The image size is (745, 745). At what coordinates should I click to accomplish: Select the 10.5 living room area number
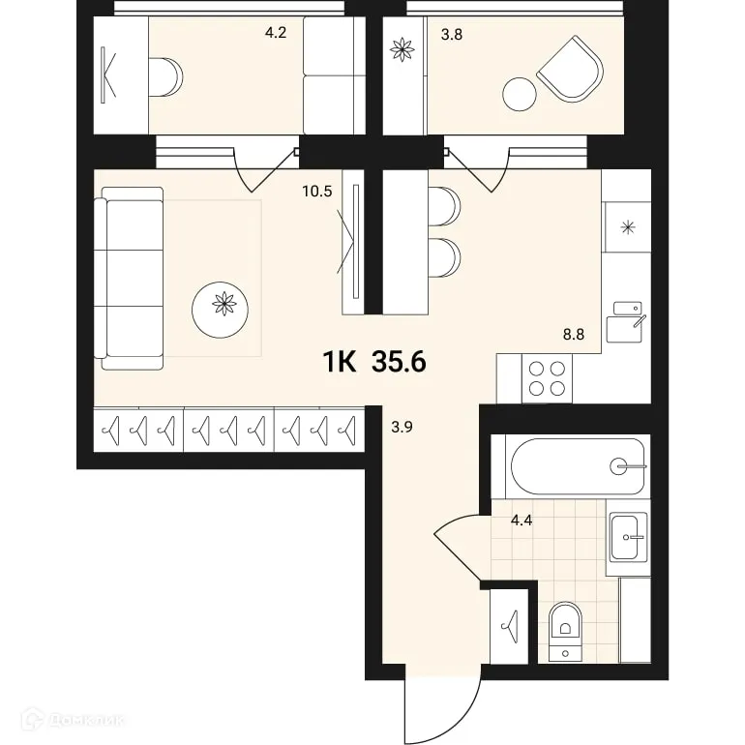click(x=316, y=191)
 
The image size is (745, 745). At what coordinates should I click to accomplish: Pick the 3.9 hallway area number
click(x=402, y=425)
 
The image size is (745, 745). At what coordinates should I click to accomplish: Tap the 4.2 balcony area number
click(x=277, y=33)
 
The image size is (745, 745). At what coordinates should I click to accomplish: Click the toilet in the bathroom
click(x=564, y=629)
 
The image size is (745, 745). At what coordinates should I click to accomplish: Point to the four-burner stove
click(x=546, y=377)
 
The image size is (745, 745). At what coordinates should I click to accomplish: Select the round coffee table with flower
click(x=223, y=304)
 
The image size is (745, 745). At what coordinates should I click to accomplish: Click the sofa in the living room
click(x=130, y=279)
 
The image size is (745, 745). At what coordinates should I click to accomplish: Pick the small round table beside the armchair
click(x=519, y=95)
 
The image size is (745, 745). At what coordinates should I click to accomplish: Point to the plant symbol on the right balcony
click(x=401, y=51)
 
